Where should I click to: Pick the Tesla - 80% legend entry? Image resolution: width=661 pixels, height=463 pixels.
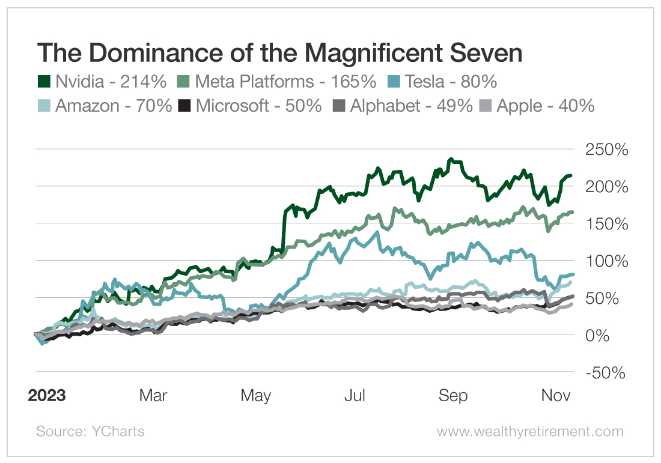point(451,81)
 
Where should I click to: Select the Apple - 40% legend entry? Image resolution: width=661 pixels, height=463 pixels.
point(538,106)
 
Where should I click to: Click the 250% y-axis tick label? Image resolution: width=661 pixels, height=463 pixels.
point(606,150)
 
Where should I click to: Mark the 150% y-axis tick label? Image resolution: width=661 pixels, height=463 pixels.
point(606,224)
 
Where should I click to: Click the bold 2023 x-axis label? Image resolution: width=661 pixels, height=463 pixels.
point(47,396)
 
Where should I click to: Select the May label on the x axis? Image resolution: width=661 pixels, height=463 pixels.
point(255,396)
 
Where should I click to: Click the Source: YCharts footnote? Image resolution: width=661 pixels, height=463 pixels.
point(90,431)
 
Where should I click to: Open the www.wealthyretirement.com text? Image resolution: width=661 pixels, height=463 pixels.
point(529,431)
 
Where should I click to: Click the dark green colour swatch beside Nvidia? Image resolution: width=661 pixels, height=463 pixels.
point(44,81)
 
